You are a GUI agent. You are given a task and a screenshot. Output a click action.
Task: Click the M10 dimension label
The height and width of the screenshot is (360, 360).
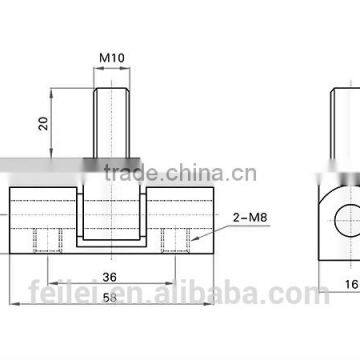coord(112,58)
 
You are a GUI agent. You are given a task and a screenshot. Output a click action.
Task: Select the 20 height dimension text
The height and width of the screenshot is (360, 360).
coord(44,123)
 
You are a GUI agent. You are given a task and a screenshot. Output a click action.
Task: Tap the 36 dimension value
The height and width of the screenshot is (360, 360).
coord(110,277)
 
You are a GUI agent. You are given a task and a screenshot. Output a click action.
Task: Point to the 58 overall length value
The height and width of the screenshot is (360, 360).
coord(110,297)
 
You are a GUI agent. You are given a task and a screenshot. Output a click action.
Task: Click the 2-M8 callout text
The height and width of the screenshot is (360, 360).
coord(250,218)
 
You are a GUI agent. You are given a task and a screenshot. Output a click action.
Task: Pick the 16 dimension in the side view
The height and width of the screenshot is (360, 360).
coord(352,284)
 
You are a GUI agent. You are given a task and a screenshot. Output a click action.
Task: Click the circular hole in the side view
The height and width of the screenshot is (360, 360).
coord(347,221)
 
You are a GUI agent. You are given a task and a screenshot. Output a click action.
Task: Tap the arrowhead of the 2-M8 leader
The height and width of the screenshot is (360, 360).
coord(194,239)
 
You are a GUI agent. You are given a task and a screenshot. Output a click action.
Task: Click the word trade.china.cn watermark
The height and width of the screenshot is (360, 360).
coord(180,173)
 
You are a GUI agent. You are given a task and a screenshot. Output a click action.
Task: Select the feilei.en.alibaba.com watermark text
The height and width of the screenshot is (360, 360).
coord(179,293)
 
